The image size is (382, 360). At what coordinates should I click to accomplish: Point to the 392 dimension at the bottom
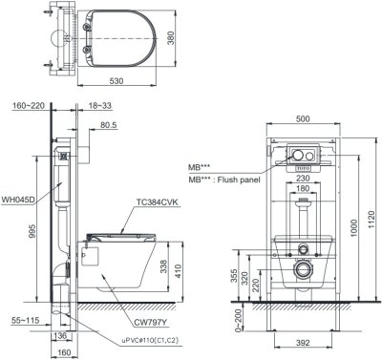302,340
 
